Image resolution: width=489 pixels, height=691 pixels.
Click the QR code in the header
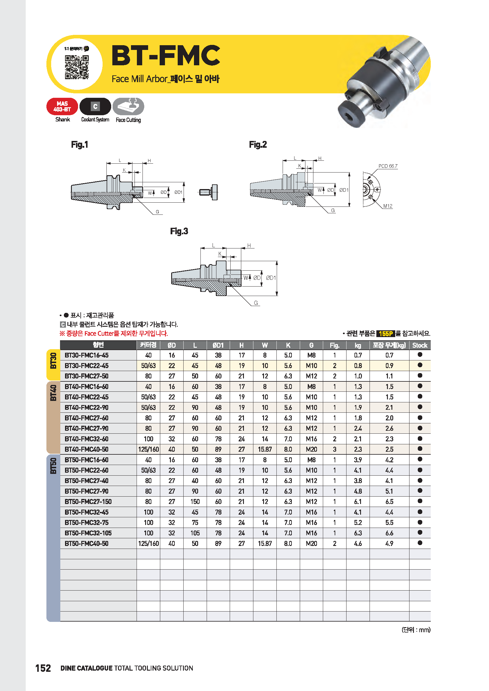tap(77, 67)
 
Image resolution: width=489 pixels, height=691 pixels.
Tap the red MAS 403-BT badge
tap(62, 107)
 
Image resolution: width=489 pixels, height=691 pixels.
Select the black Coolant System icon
tap(95, 106)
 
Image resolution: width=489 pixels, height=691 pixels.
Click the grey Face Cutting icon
tap(128, 106)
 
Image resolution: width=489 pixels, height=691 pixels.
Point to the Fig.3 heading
tap(179, 231)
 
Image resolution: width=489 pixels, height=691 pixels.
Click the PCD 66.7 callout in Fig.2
tap(388, 166)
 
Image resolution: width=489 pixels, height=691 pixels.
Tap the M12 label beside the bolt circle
tap(388, 206)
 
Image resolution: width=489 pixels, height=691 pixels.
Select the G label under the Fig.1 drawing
tap(157, 212)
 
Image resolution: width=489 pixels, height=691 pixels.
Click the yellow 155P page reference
tap(386, 334)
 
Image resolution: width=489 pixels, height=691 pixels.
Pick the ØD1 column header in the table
tap(218, 345)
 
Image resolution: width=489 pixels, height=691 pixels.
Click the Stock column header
tap(420, 345)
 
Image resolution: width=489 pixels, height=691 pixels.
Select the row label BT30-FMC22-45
tap(86, 366)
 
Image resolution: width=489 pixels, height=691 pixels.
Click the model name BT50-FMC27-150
tap(88, 502)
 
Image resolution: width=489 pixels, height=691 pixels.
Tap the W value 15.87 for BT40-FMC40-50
tap(265, 449)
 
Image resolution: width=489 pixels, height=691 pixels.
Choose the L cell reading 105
tap(195, 533)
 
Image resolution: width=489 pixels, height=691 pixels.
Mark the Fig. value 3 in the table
tap(335, 449)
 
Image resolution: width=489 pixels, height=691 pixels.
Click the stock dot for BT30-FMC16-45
tap(420, 355)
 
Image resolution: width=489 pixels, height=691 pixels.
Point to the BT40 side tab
tap(53, 393)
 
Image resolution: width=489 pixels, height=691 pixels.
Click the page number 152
tap(43, 668)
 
